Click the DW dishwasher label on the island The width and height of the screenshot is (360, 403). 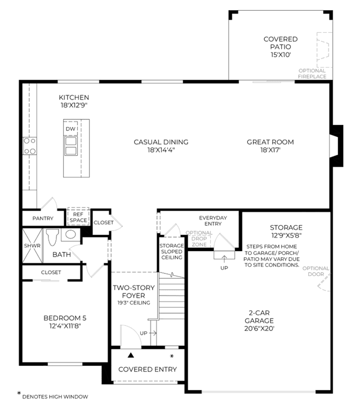click(70, 129)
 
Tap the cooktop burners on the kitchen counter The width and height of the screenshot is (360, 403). click(30, 146)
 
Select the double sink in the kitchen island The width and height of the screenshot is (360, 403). click(70, 146)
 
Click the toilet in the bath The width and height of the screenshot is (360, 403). click(52, 237)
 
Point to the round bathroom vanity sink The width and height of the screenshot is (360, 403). click(70, 234)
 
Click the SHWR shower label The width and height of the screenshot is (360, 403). click(32, 246)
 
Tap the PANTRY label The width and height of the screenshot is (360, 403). click(43, 218)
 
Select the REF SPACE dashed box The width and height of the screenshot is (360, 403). click(78, 216)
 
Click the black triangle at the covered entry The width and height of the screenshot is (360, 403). click(131, 355)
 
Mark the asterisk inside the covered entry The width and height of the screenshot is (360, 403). click(172, 356)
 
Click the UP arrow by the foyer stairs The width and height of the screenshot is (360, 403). click(153, 333)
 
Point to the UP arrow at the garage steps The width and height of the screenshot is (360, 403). click(224, 258)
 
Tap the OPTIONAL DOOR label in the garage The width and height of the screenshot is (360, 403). click(315, 271)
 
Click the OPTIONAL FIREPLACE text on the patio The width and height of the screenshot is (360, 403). click(312, 74)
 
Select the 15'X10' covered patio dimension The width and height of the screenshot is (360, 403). click(281, 55)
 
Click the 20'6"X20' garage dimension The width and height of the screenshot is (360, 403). click(259, 329)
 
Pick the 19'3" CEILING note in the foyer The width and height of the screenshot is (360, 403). click(134, 303)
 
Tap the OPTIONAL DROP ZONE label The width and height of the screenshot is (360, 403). click(199, 239)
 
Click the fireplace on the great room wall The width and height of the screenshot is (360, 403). click(336, 146)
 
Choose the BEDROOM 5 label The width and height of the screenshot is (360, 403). click(65, 318)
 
